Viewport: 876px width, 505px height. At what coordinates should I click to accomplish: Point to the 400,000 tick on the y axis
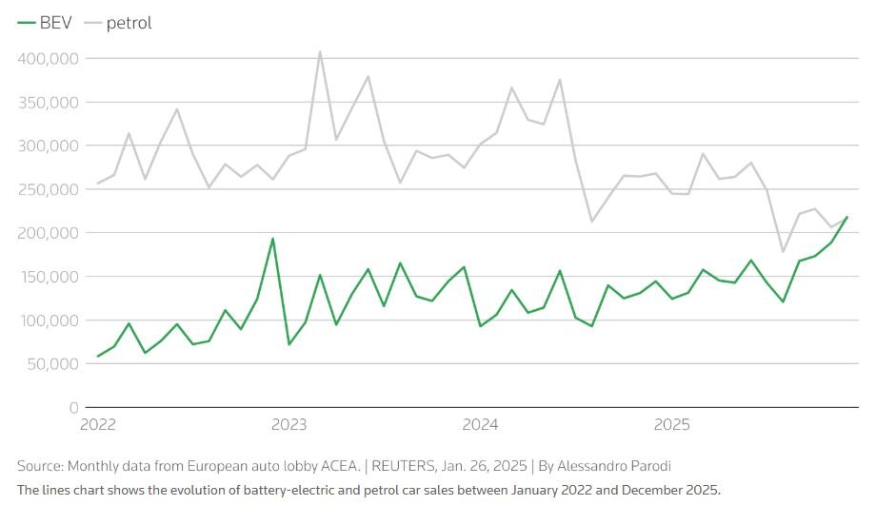[x=47, y=59]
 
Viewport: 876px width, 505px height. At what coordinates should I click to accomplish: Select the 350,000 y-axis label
[x=47, y=103]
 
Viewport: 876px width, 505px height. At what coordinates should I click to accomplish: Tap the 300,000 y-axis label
[x=47, y=146]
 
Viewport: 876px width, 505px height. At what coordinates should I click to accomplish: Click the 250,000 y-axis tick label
[x=47, y=190]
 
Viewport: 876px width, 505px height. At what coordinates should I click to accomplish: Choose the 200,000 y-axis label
[x=47, y=233]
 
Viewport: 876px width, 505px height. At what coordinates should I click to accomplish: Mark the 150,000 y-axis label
[x=47, y=277]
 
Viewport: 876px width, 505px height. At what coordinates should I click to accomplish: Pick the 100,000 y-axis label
[x=47, y=320]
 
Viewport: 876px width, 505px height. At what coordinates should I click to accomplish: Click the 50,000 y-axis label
[x=50, y=364]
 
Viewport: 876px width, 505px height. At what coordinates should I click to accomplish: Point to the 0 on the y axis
[x=73, y=408]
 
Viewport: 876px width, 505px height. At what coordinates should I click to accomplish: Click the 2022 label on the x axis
[x=98, y=425]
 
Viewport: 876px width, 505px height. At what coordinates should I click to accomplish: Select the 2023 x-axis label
[x=289, y=425]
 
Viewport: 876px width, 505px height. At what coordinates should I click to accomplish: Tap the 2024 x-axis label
[x=481, y=425]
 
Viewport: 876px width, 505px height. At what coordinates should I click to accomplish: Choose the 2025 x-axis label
[x=672, y=425]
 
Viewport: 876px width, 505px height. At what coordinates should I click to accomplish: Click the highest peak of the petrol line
[x=320, y=51]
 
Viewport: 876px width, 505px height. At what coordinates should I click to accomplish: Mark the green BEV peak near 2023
[x=272, y=239]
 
